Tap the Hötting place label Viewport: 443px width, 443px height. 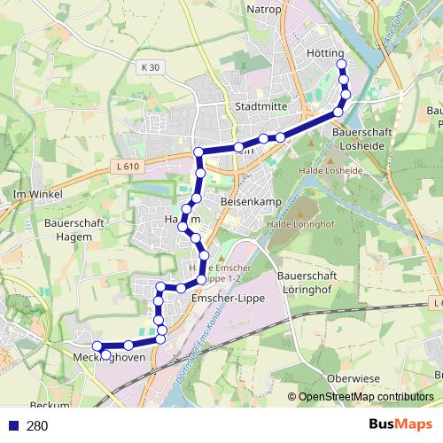coord(326,53)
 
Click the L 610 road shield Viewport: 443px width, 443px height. coord(128,166)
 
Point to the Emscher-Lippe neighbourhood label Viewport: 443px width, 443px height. coord(222,300)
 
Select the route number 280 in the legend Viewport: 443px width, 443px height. coord(37,426)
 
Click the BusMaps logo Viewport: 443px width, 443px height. coord(400,425)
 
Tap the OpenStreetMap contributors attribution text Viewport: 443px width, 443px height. coord(365,397)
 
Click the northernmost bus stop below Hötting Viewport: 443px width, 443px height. coord(341,66)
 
